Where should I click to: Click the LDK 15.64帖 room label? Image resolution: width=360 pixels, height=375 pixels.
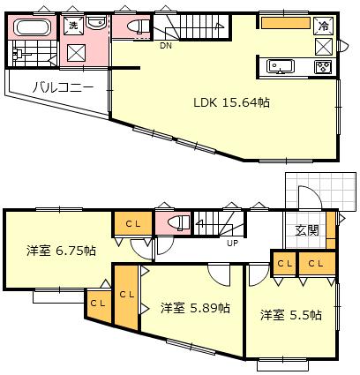[232, 102]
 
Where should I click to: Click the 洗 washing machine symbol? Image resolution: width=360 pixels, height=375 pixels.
[75, 26]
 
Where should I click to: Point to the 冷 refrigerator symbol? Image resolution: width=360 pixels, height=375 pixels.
[323, 26]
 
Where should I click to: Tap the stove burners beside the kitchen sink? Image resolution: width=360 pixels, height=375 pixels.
[322, 66]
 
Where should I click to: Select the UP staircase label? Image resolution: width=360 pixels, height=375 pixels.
[232, 243]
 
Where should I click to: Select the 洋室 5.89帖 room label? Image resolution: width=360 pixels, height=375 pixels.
[195, 308]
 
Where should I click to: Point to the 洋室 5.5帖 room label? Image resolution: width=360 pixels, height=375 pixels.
[289, 314]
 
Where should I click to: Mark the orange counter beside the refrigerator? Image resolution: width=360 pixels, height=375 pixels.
[285, 24]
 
